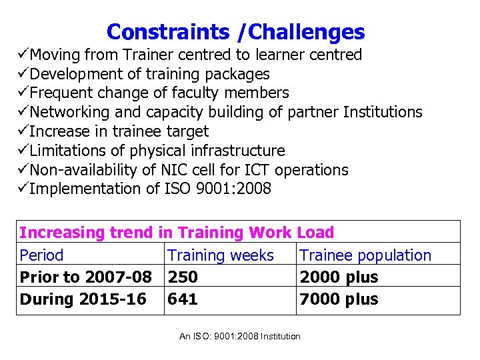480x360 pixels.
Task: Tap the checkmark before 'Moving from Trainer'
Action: (23, 55)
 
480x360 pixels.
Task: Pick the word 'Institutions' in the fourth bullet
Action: (382, 112)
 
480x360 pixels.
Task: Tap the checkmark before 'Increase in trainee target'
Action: (23, 131)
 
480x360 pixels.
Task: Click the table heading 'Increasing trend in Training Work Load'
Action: (177, 233)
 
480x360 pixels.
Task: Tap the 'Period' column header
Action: (41, 255)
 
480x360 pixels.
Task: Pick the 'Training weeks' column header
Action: (221, 255)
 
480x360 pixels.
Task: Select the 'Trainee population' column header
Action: (365, 255)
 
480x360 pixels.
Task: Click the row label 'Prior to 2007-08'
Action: (85, 277)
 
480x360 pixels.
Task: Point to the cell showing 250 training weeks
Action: (183, 277)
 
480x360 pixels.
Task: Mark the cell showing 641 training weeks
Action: (183, 299)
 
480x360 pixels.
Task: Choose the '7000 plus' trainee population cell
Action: (339, 299)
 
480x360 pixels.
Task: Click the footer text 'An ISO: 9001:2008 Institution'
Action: (240, 337)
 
